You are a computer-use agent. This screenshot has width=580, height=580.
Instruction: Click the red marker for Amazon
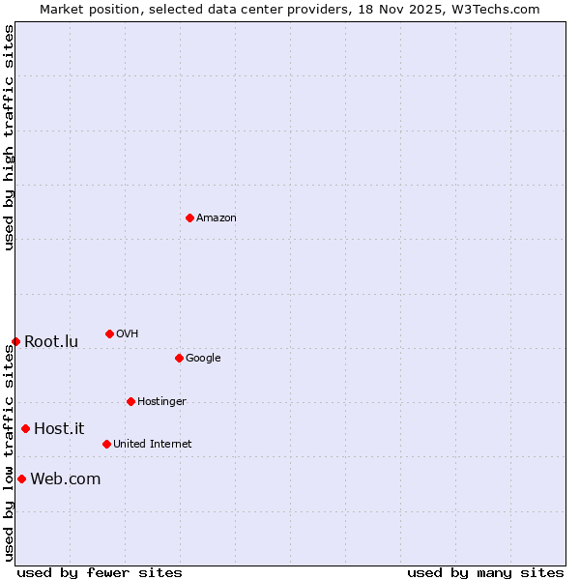(189, 217)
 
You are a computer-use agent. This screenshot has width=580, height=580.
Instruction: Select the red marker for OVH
(109, 333)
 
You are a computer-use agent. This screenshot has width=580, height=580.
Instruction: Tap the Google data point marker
(179, 358)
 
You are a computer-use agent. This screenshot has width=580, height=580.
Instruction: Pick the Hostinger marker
(130, 401)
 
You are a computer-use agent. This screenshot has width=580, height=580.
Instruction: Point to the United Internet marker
(106, 444)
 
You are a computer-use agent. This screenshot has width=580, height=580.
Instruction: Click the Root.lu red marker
(15, 341)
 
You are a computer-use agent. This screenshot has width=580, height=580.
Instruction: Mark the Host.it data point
(25, 428)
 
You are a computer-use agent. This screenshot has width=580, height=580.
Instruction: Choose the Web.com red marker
(21, 478)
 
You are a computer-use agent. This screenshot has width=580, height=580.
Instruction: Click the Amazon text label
(217, 218)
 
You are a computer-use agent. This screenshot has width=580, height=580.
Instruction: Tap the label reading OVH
(128, 334)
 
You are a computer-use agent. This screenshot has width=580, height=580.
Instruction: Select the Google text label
(203, 359)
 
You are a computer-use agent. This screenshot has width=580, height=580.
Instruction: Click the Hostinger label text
(161, 402)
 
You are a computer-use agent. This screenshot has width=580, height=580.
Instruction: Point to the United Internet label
(153, 445)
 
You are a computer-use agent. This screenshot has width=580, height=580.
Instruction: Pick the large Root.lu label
(51, 342)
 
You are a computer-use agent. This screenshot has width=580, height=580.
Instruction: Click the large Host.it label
(59, 429)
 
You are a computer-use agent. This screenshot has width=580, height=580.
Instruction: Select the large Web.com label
(65, 479)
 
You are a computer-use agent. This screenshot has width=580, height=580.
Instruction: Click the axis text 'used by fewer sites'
(100, 572)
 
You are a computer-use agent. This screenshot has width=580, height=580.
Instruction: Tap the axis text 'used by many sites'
(485, 572)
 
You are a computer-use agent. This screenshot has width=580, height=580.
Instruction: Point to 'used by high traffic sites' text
(9, 137)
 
